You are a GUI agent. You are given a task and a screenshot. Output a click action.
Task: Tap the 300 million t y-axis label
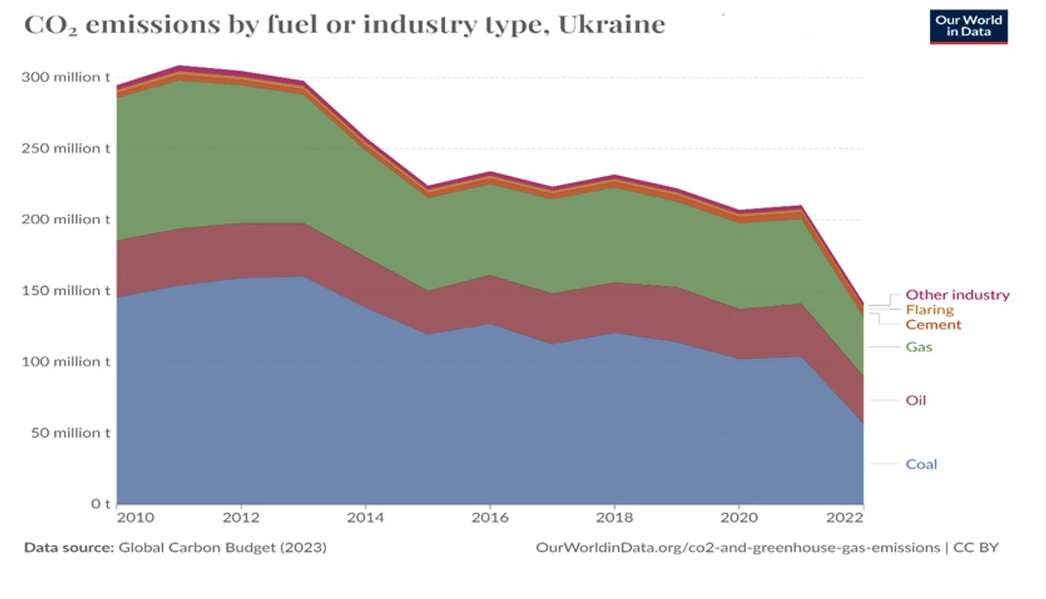coord(65,77)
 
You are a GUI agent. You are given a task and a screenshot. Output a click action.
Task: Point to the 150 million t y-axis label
coord(65,290)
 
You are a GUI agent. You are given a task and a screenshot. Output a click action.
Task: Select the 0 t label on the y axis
coord(101,504)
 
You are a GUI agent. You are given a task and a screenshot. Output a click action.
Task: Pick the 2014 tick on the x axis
coord(365,517)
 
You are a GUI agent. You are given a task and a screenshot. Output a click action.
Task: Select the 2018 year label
coord(615,517)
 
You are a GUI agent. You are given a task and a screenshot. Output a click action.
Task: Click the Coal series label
coord(921,464)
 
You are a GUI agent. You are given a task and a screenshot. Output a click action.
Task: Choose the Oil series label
coord(915,400)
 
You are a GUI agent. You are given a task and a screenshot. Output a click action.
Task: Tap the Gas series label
coord(919,346)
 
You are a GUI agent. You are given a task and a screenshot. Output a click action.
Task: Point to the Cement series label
coord(933,324)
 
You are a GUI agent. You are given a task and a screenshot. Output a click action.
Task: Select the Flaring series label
coord(929,310)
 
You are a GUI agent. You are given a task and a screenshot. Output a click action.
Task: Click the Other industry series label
coord(957,295)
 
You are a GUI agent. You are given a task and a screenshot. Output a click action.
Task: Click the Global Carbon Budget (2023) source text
coord(222,548)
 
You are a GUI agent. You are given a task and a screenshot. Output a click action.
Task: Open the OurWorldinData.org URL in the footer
coord(737,548)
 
